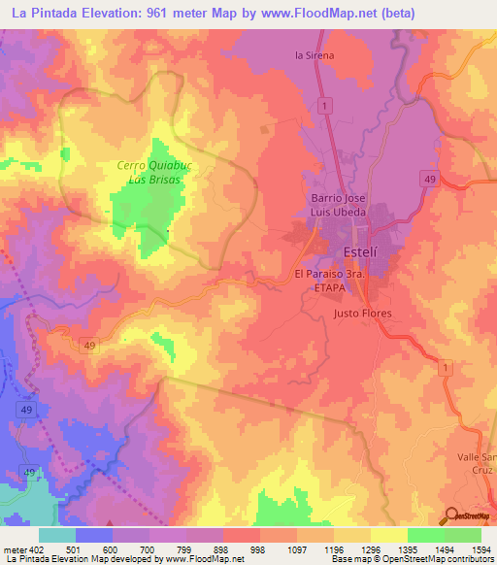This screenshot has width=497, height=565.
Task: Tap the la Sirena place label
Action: [315, 55]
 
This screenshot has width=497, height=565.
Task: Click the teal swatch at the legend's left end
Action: [57, 535]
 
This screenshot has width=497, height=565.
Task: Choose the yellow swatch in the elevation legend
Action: [388, 535]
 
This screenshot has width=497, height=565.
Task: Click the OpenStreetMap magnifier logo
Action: [452, 516]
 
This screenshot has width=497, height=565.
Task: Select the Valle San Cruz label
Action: [476, 463]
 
